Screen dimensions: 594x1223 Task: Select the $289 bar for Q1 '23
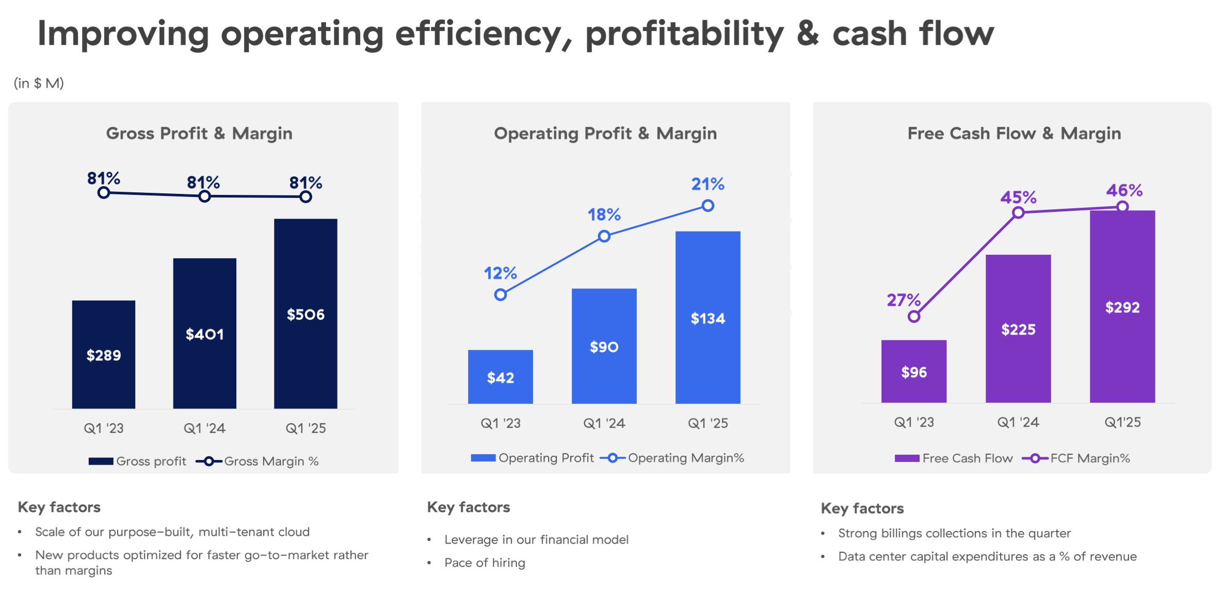103,355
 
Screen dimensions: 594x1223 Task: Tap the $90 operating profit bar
604,346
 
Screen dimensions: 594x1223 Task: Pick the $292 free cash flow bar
1122,307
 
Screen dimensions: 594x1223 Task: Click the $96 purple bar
913,372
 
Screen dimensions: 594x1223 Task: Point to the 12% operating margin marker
500,295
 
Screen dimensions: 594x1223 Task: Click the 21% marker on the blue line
707,206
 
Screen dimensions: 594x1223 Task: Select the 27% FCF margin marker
913,317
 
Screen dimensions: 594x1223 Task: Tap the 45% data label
1018,197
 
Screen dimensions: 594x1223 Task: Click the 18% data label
604,214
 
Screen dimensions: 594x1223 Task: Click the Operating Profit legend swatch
483,458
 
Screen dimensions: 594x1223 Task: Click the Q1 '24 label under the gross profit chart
204,428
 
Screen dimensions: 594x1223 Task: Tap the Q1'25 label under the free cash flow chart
1122,422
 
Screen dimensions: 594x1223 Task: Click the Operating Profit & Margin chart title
605,134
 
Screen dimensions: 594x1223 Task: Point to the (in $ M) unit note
39,83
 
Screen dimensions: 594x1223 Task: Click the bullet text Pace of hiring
485,563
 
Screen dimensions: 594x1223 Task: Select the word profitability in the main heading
684,34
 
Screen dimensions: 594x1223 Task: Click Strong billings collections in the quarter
954,533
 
